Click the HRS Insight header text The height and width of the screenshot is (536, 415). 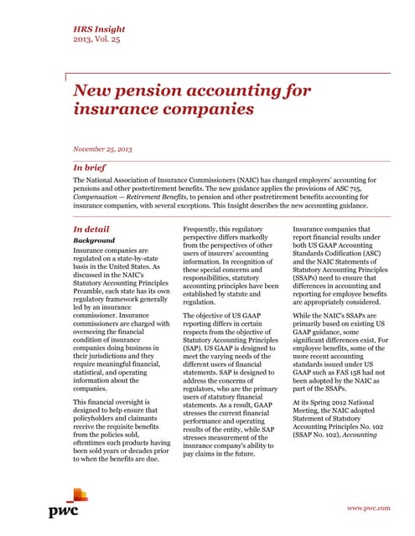tap(96, 28)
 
